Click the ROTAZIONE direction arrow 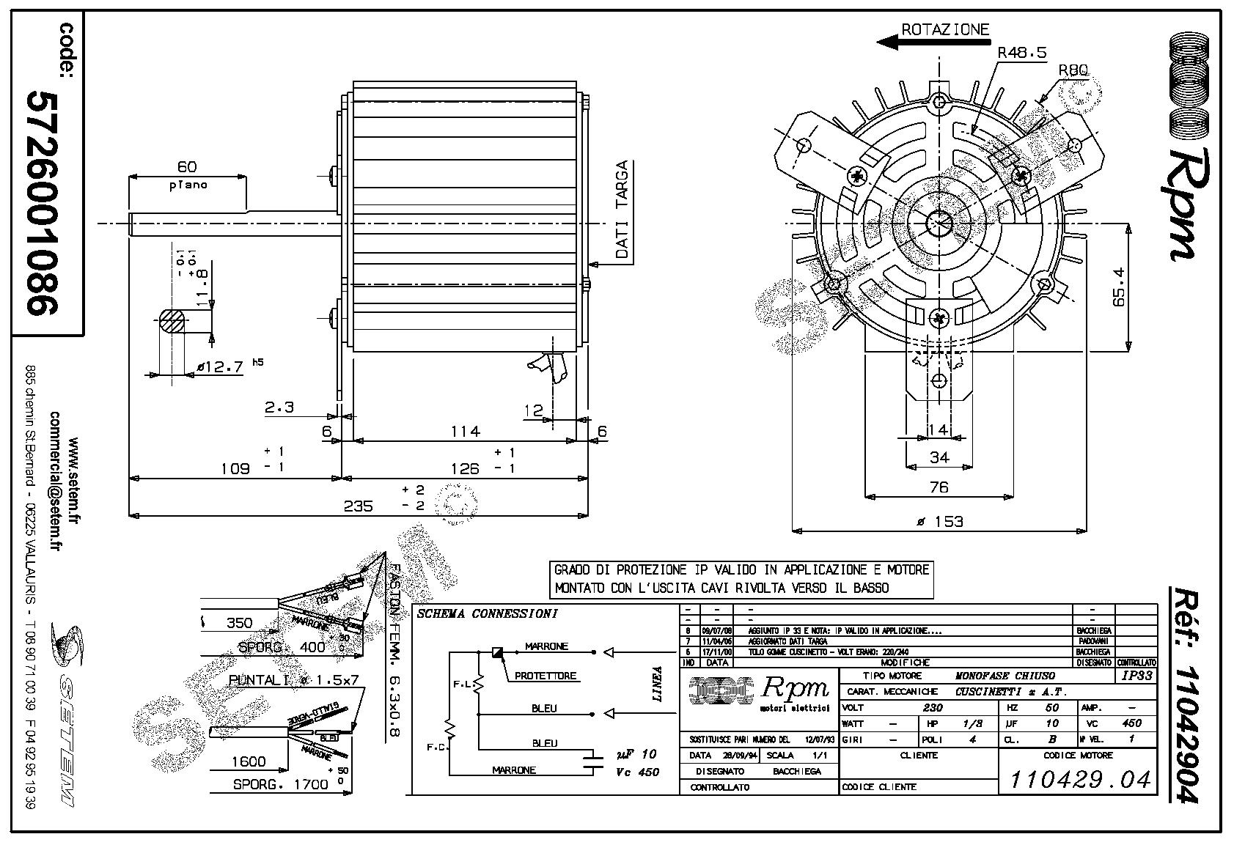point(909,42)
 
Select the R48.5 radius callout point(1021,53)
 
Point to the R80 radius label point(1073,70)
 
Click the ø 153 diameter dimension point(939,521)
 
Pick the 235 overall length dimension point(358,506)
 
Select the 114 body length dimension point(465,431)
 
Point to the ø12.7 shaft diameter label point(219,367)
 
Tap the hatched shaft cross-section point(172,322)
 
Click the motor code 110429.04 point(1080,780)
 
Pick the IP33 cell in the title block point(1136,676)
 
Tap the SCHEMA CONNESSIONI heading point(487,613)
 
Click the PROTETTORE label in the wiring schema point(545,676)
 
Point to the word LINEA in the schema point(658,684)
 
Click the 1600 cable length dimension point(249,761)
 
